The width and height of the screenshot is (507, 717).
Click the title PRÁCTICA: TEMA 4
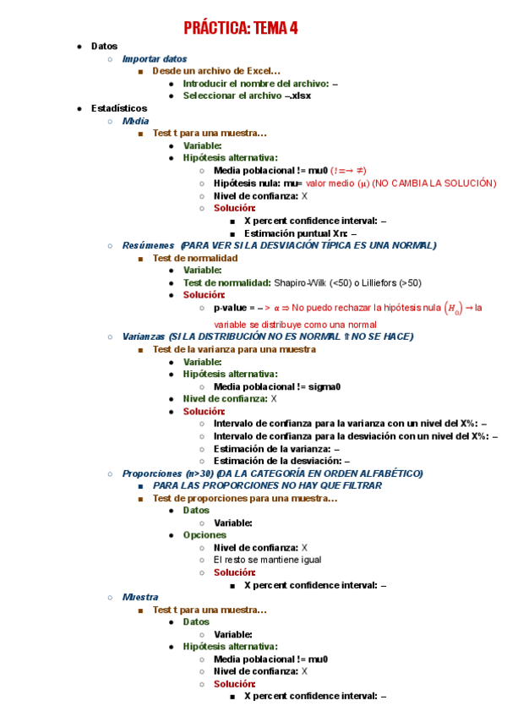click(x=241, y=29)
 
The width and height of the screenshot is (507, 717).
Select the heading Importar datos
click(x=155, y=59)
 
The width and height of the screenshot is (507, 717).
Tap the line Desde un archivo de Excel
click(x=216, y=71)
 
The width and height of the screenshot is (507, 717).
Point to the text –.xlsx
click(x=298, y=96)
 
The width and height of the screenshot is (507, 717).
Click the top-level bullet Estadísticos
click(x=119, y=108)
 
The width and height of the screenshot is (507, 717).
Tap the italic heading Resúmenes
click(x=148, y=245)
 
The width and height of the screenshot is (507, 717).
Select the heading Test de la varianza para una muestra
click(x=234, y=349)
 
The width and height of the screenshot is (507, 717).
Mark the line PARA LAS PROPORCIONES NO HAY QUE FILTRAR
click(x=267, y=486)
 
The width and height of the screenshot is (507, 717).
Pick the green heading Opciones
click(x=204, y=535)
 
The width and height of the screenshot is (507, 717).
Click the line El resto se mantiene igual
click(x=267, y=560)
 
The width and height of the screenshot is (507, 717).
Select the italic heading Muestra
click(x=140, y=597)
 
